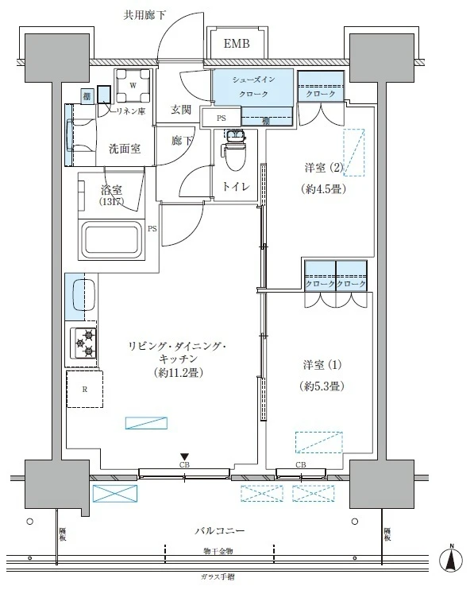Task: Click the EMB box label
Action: point(236,44)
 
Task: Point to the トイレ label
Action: point(236,187)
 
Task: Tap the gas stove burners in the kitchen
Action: point(84,342)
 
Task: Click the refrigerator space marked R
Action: point(84,390)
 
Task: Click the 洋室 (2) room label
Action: point(326,168)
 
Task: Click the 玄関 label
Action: point(181,111)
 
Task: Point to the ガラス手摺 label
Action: point(218,577)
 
